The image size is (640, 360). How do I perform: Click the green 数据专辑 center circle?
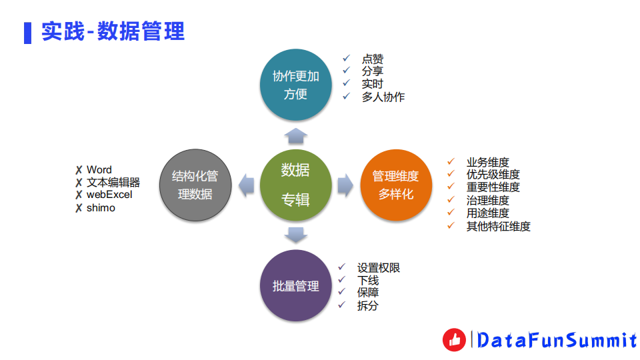tap(295, 186)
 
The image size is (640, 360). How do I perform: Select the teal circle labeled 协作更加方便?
tap(295, 85)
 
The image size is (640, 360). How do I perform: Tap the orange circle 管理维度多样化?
tap(395, 186)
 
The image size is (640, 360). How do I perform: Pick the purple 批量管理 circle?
tap(295, 286)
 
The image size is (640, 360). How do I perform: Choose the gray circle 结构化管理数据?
tap(195, 186)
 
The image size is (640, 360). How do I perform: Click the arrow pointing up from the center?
tap(295, 135)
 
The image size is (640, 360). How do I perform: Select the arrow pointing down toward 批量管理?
tap(295, 235)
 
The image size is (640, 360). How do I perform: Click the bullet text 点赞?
tap(373, 59)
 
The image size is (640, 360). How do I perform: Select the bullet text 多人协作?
tap(383, 97)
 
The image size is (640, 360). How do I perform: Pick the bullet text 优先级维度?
tap(493, 175)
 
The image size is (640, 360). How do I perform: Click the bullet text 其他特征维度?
tap(498, 226)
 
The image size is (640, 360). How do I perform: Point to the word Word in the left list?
tap(99, 170)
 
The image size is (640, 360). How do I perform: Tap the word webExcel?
tap(109, 195)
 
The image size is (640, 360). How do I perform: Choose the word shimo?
tap(101, 208)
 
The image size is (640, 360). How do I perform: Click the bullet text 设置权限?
tap(379, 268)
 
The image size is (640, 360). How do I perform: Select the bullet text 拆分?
tap(368, 305)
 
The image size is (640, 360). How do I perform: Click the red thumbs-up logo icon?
tap(455, 340)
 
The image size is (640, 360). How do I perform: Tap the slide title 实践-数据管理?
tap(113, 31)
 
